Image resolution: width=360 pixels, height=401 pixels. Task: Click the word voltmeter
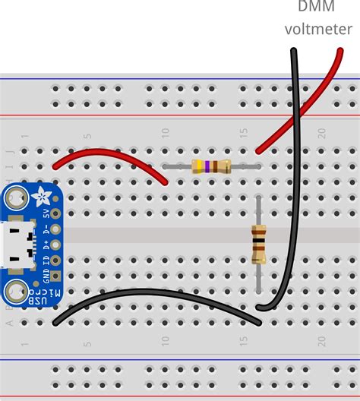(x=318, y=30)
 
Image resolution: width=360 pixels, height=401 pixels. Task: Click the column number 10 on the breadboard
(x=166, y=134)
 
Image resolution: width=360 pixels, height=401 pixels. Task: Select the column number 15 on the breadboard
(x=244, y=134)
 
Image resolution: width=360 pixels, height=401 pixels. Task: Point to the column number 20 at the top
(x=322, y=134)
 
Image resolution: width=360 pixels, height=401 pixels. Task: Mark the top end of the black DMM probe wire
(x=293, y=52)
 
